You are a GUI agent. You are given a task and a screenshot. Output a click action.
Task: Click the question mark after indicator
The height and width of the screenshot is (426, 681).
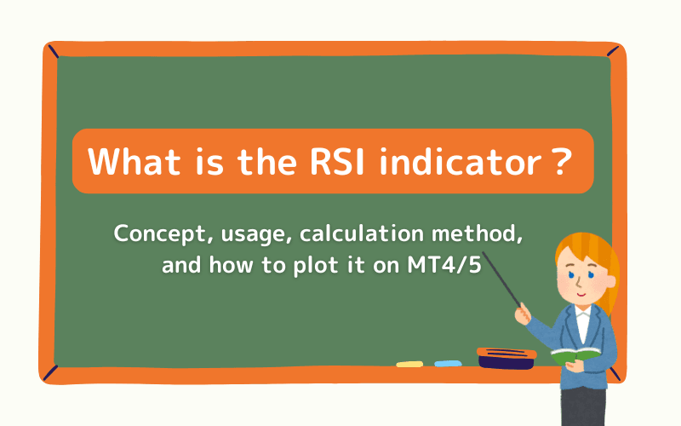[x=558, y=161]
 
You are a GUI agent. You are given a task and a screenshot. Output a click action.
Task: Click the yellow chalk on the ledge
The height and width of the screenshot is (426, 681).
[x=409, y=364]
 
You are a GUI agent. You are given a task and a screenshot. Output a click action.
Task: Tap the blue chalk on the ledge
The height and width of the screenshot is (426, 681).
[x=448, y=364]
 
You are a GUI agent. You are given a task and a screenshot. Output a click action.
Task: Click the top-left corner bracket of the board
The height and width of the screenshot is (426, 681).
[x=54, y=53]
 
